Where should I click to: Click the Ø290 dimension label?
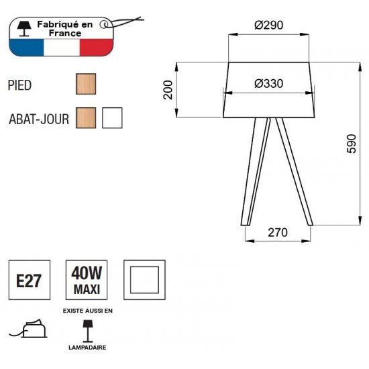pyautogui.click(x=268, y=25)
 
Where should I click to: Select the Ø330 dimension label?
pyautogui.click(x=268, y=84)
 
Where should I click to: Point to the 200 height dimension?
pyautogui.click(x=168, y=90)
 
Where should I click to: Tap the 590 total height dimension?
pyautogui.click(x=352, y=144)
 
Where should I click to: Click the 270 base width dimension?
pyautogui.click(x=278, y=233)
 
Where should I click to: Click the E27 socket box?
pyautogui.click(x=30, y=280)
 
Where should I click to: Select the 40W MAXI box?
pyautogui.click(x=87, y=280)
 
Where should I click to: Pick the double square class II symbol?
pyautogui.click(x=144, y=280)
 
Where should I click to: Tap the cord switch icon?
pyautogui.click(x=29, y=328)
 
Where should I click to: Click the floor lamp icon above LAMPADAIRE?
pyautogui.click(x=87, y=331)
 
